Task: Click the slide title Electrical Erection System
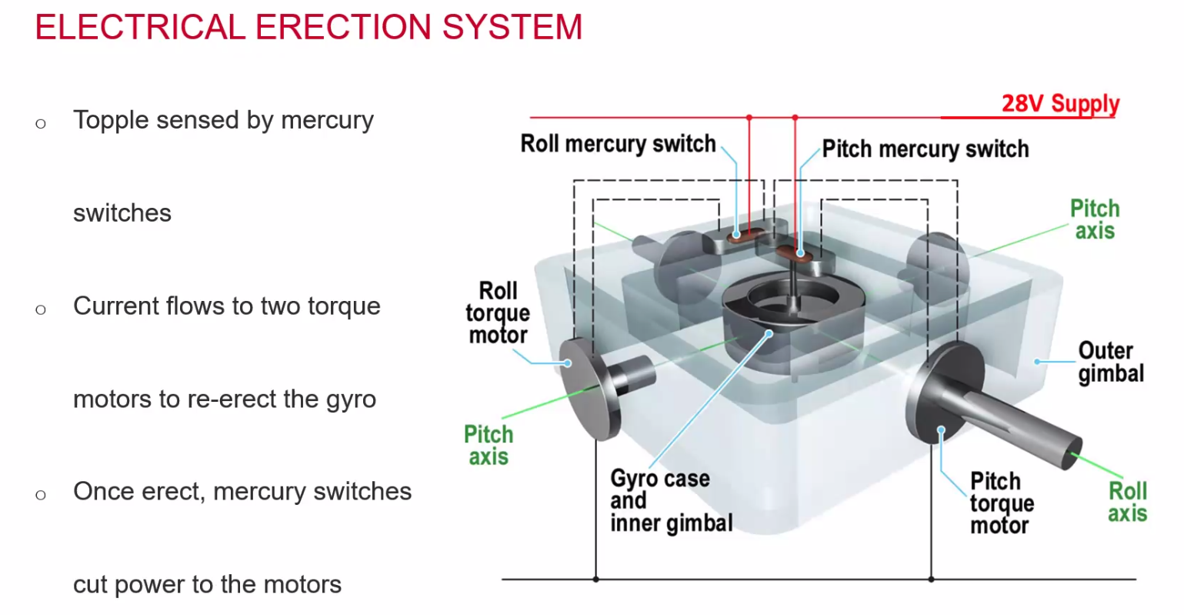[309, 28]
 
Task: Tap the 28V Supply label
[1059, 103]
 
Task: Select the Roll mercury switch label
[618, 144]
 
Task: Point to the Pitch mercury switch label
[925, 149]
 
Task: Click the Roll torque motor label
[498, 313]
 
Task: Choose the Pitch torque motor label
[1001, 503]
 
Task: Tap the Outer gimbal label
[1110, 362]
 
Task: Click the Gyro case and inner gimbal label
[670, 500]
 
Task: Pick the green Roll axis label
[1127, 502]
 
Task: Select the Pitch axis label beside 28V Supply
[1094, 219]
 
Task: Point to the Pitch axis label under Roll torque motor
[488, 445]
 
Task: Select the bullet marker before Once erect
[41, 494]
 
